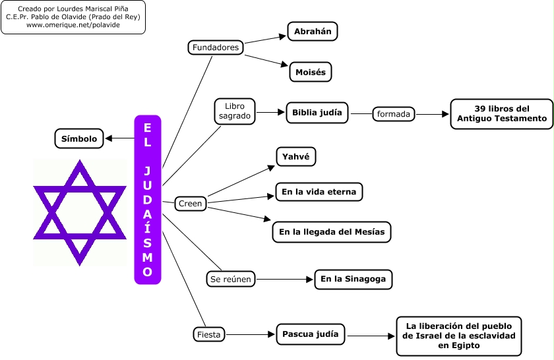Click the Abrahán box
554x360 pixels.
pyautogui.click(x=313, y=32)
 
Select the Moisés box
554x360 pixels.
pyautogui.click(x=310, y=72)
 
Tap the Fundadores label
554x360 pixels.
pyautogui.click(x=216, y=47)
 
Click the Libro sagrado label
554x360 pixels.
pyautogui.click(x=235, y=111)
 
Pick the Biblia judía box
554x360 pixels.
pyautogui.click(x=317, y=113)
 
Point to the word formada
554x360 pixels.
pyautogui.click(x=394, y=114)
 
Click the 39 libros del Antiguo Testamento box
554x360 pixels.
pyautogui.click(x=502, y=113)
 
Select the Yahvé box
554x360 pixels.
pyautogui.click(x=295, y=157)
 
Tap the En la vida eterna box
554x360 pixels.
pyautogui.click(x=319, y=193)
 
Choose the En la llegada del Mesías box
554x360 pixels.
pyautogui.click(x=332, y=232)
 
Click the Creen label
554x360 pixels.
pyautogui.click(x=191, y=204)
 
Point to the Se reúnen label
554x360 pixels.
pyautogui.click(x=230, y=280)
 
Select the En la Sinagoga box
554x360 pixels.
pyautogui.click(x=353, y=280)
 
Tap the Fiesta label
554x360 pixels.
pyautogui.click(x=209, y=334)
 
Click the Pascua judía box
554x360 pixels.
pyautogui.click(x=310, y=334)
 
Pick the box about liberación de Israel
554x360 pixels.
pyautogui.click(x=458, y=336)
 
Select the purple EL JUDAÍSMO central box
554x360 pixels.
pyautogui.click(x=148, y=200)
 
